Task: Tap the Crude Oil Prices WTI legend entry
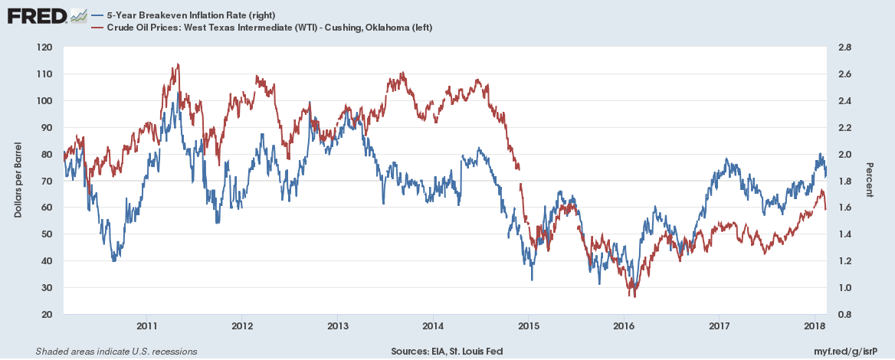(261, 28)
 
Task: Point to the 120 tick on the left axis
(44, 47)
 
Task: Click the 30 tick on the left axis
(47, 288)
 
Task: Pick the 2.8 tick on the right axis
(844, 47)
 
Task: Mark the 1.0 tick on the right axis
(844, 288)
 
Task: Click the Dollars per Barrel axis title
(18, 179)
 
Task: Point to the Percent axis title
(870, 179)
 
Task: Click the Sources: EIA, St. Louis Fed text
(447, 352)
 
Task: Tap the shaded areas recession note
(116, 352)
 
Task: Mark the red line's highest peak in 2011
(178, 64)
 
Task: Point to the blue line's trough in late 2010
(114, 261)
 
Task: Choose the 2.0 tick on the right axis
(844, 154)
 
